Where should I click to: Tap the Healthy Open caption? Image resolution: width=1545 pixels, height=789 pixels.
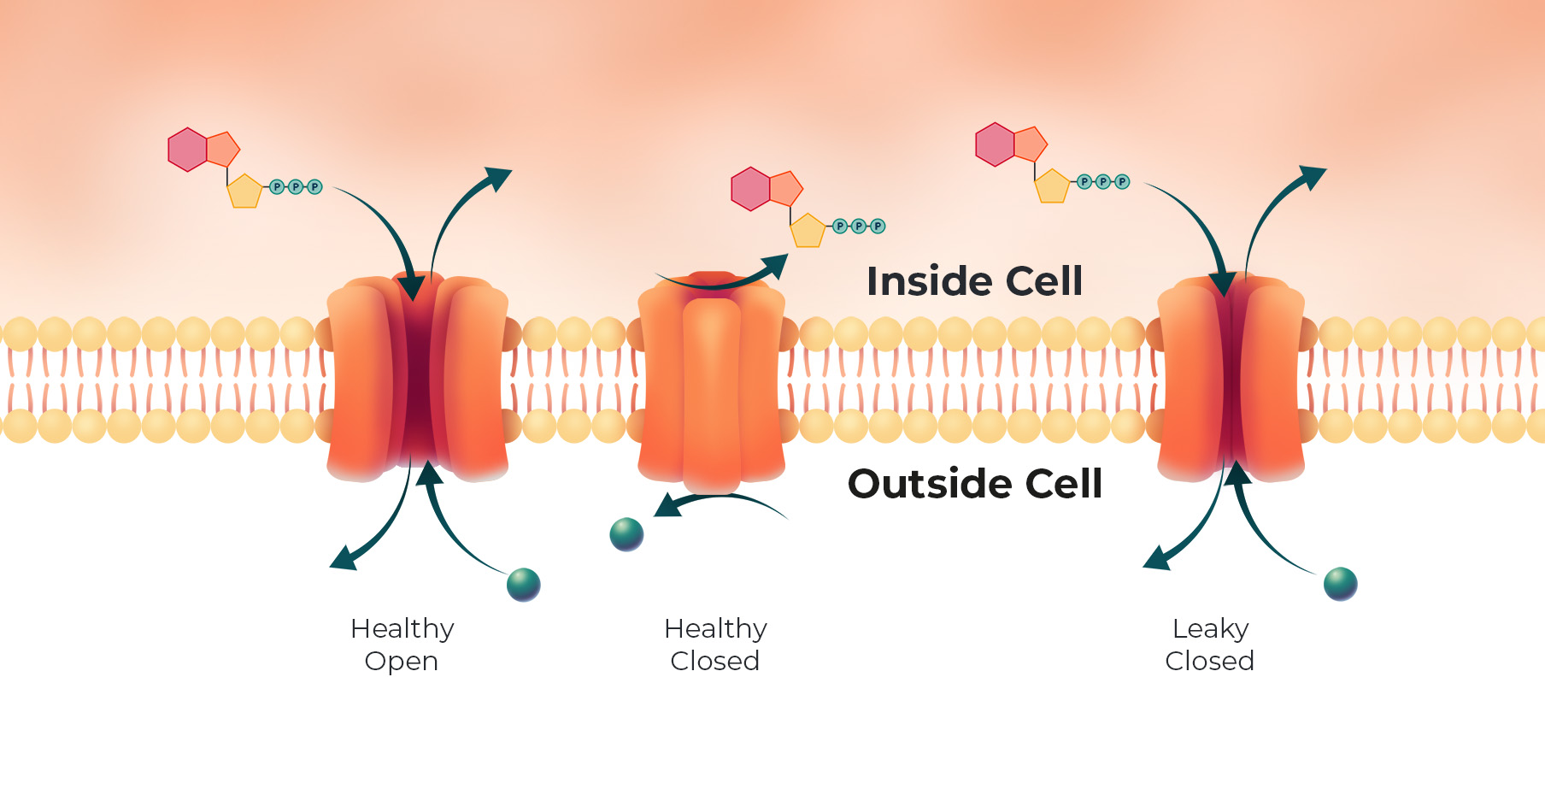tap(402, 645)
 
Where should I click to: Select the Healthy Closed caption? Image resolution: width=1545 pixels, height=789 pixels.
tap(715, 645)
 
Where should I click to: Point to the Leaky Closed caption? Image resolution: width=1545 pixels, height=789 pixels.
tap(1210, 645)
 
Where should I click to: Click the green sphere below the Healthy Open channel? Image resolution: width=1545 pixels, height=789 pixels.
tap(524, 585)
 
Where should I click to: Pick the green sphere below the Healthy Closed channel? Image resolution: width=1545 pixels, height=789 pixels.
tap(626, 534)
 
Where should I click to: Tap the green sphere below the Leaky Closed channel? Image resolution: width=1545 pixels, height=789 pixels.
tap(1340, 584)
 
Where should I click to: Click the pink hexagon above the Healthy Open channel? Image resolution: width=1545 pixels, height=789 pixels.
tap(188, 150)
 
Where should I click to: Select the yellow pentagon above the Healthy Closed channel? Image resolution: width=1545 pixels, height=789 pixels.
tap(808, 230)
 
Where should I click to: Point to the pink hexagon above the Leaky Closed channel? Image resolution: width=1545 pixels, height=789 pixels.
tap(995, 144)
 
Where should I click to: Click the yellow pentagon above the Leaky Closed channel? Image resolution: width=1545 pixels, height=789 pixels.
tap(1052, 185)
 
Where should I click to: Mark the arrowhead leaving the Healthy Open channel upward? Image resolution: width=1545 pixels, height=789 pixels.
tap(497, 178)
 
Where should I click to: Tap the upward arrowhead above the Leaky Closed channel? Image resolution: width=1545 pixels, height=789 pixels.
tap(1312, 176)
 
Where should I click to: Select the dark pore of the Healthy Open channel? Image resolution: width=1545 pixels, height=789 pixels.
tap(418, 376)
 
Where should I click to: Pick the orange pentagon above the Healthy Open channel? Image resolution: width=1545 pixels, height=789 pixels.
tap(222, 150)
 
